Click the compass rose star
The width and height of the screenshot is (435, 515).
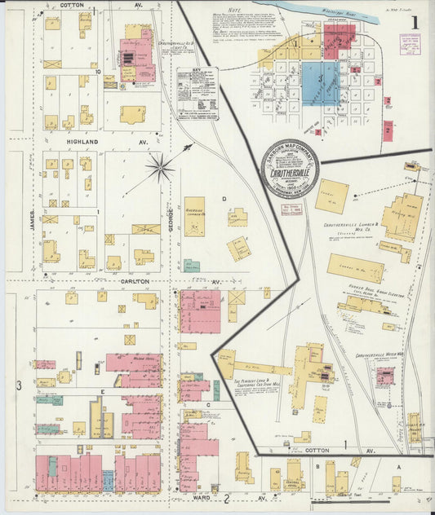coord(160,169)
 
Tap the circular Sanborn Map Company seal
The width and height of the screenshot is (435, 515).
coord(290,169)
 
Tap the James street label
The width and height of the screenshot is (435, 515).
coord(33,220)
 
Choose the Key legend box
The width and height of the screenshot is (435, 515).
coord(198,94)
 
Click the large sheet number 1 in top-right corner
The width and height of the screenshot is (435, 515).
coord(417,22)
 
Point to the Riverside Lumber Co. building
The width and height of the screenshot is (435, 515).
coord(194,216)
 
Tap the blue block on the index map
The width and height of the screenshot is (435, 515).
coord(320,81)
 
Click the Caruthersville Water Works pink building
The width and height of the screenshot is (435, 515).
coord(384,376)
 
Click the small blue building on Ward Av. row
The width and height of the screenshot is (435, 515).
coord(107,481)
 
